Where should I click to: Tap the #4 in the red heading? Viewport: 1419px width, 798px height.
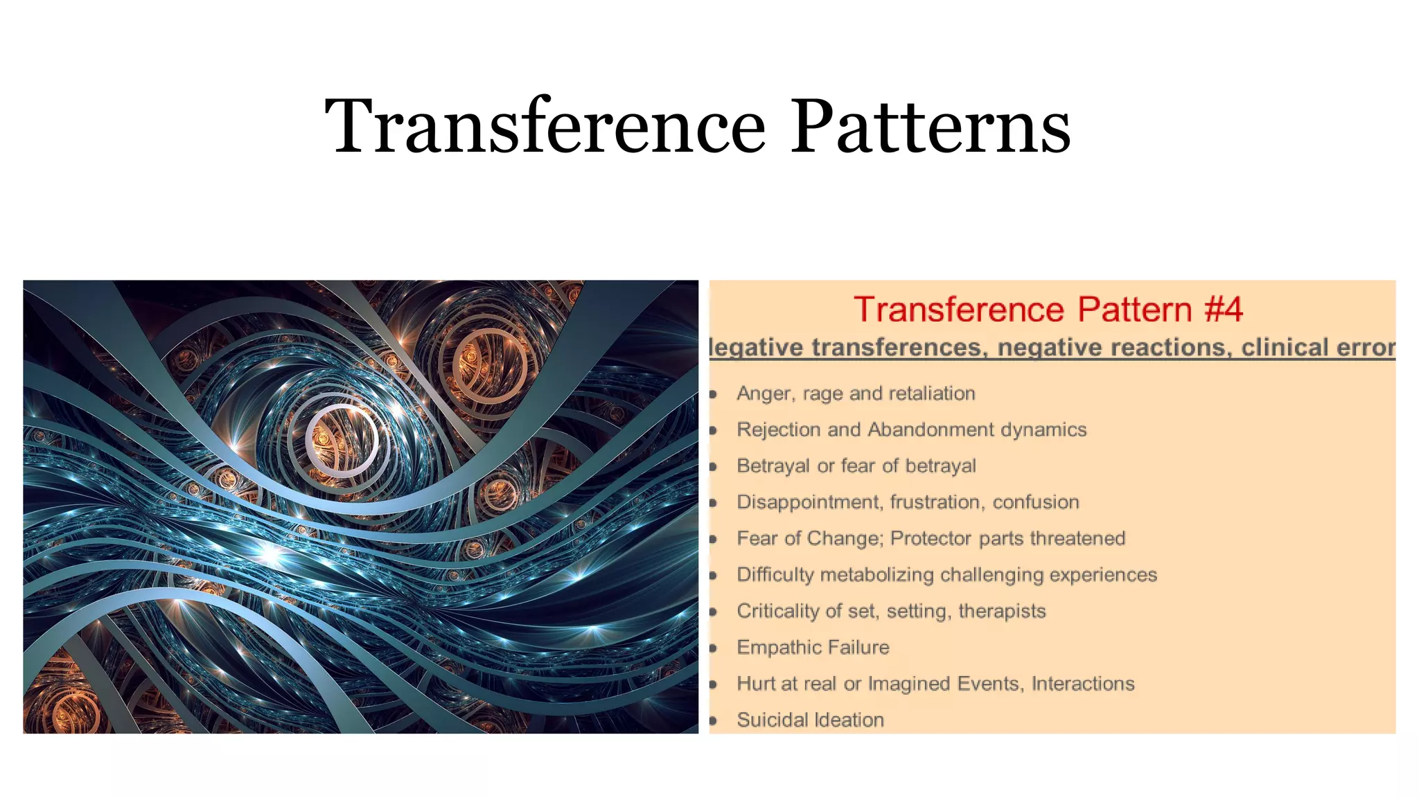click(x=1224, y=309)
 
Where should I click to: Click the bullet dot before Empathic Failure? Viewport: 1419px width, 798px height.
click(x=713, y=648)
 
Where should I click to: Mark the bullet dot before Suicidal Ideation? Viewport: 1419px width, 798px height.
click(x=713, y=720)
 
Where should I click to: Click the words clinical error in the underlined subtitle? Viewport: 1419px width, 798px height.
click(x=1318, y=347)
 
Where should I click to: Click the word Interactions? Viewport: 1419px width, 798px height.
click(x=1083, y=684)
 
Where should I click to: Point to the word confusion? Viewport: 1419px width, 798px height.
click(x=1036, y=502)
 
